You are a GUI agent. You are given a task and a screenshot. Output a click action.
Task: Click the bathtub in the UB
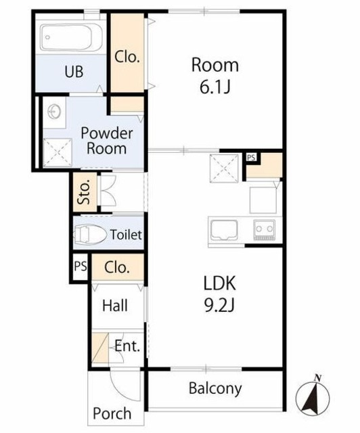tap(71, 37)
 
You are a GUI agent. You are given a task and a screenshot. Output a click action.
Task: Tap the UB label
tap(74, 72)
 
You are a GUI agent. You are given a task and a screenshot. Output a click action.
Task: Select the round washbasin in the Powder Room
tap(54, 112)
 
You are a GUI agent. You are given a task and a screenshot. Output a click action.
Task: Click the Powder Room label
tap(107, 141)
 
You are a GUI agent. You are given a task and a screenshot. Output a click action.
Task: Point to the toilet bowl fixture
tap(90, 235)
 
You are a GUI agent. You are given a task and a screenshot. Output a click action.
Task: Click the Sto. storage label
tap(84, 191)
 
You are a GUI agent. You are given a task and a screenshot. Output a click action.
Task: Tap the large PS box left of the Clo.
tap(80, 267)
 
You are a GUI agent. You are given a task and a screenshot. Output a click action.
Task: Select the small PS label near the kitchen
tap(251, 158)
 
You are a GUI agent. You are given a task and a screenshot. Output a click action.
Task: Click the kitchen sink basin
tap(224, 230)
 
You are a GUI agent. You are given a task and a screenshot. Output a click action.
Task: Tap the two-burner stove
tap(265, 230)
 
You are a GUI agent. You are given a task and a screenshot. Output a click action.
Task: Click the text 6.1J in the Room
tap(215, 87)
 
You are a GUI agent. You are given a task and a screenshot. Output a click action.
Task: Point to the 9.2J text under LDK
tap(219, 305)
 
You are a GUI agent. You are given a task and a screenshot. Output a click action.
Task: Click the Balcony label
tap(215, 388)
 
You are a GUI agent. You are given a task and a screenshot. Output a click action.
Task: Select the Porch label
tap(112, 413)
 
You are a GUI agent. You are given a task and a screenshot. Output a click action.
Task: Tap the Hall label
tap(115, 306)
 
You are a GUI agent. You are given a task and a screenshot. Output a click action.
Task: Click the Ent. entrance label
tap(127, 346)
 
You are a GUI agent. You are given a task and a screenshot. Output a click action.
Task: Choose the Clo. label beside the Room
tap(127, 57)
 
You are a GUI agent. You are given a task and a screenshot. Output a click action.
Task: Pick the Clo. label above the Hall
tap(117, 267)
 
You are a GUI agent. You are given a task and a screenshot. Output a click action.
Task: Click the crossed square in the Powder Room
tap(58, 153)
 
